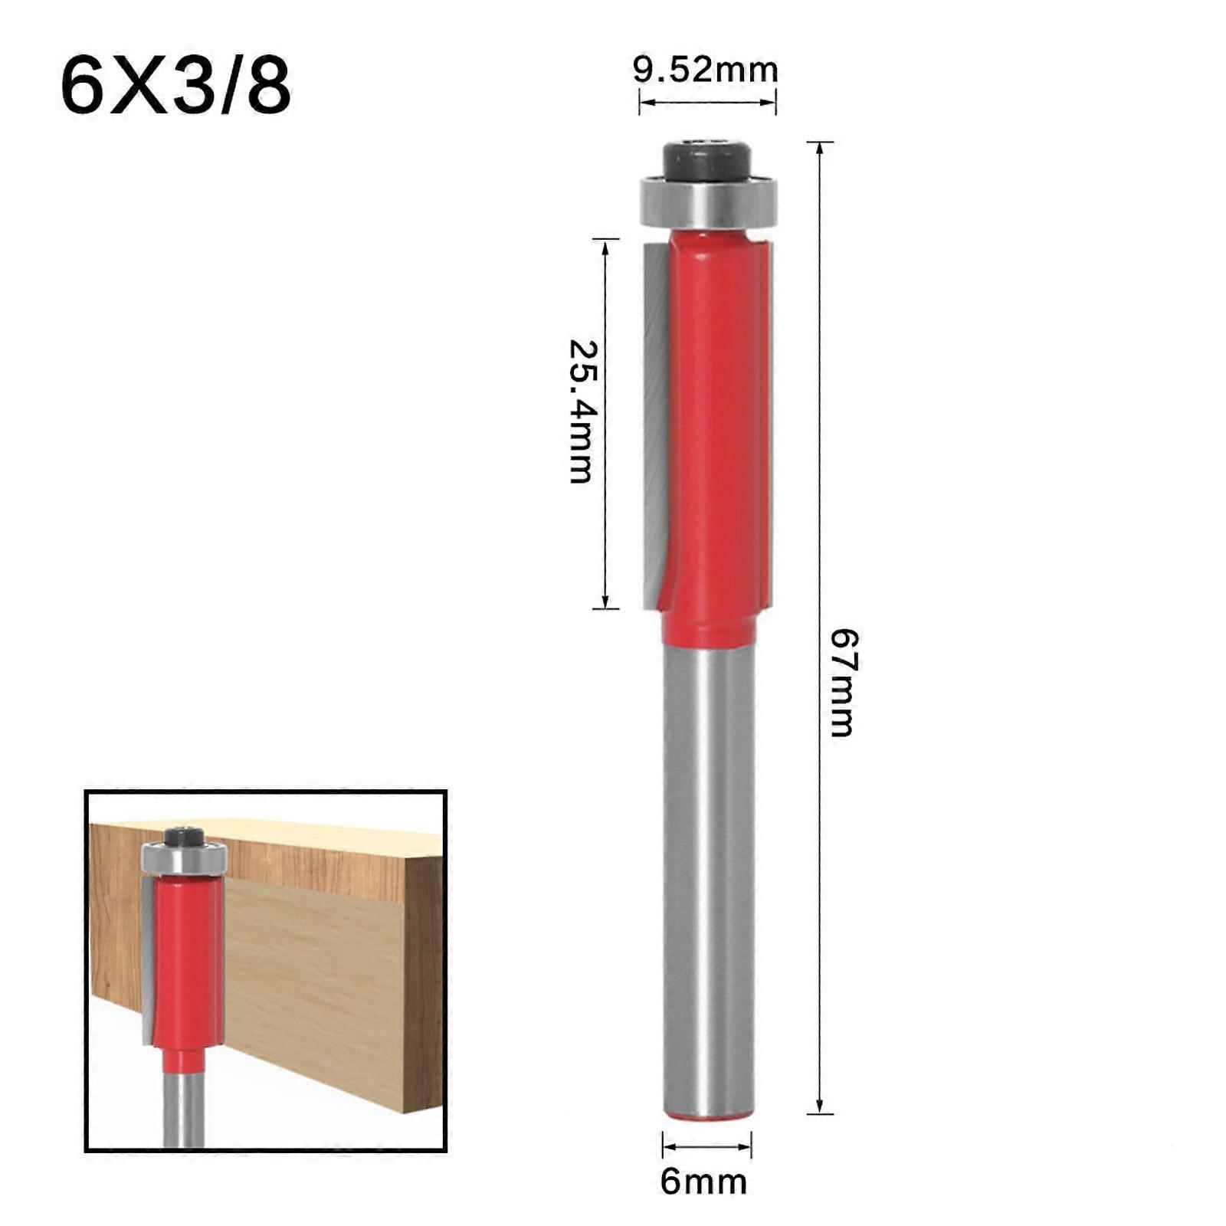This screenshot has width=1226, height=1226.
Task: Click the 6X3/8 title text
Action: coord(175,87)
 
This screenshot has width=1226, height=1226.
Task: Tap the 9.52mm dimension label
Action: coord(705,71)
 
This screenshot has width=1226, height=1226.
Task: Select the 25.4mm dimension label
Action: coord(582,411)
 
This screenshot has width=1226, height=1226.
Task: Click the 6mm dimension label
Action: coord(703,1181)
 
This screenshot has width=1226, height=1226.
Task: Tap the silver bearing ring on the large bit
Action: coord(708,201)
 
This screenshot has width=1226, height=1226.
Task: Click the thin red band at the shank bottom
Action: coord(708,1116)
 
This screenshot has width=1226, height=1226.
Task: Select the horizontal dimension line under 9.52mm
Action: coord(707,102)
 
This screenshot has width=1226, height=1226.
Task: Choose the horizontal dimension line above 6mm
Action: coord(706,1146)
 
